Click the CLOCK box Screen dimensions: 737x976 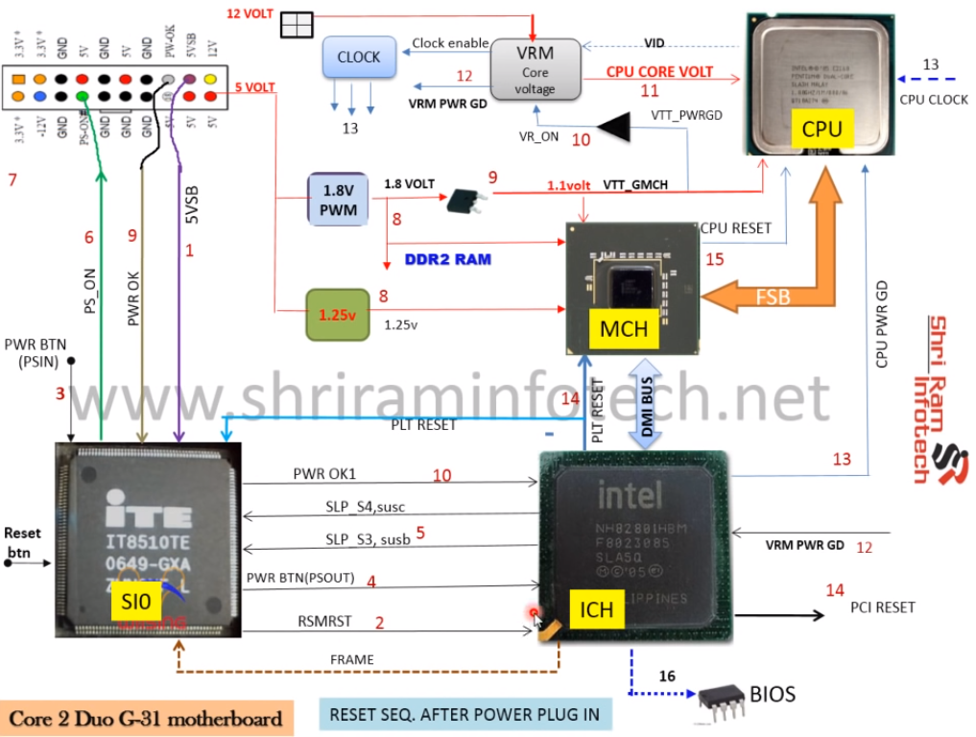[x=359, y=58]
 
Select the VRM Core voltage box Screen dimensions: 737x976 [x=535, y=69]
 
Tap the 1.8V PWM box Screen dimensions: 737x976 [x=338, y=200]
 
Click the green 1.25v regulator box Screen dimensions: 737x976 [x=338, y=313]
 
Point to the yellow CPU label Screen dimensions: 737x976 [x=822, y=128]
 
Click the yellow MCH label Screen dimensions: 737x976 [x=624, y=329]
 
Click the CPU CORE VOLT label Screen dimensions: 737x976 [x=659, y=72]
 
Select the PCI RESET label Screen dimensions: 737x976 [x=882, y=606]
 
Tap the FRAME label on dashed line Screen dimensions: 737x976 [x=351, y=659]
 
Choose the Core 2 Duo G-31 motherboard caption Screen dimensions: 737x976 [x=146, y=718]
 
